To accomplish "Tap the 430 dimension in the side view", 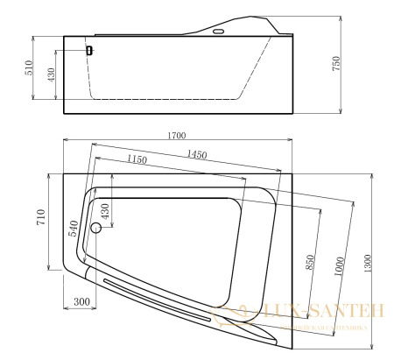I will click(x=50, y=76).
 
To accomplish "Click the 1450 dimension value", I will click(x=196, y=155).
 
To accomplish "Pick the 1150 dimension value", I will click(x=137, y=159).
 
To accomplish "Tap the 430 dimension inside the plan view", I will click(x=105, y=211).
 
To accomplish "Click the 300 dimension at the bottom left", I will click(x=81, y=302).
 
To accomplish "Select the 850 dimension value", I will click(x=309, y=261).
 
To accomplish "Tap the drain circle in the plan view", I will click(x=97, y=230).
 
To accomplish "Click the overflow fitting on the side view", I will click(x=88, y=50).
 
